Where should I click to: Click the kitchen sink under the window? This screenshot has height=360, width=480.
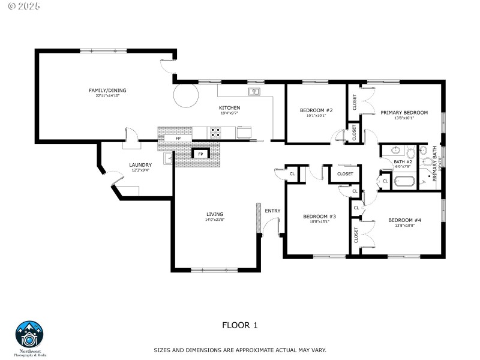tap(254, 92)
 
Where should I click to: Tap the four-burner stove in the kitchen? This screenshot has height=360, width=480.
tap(215, 132)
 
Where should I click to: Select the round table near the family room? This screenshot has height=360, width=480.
tap(186, 96)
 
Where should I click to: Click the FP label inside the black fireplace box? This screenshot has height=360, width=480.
tap(200, 154)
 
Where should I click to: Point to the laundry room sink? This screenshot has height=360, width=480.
tap(169, 158)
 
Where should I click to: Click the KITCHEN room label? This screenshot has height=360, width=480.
tap(229, 107)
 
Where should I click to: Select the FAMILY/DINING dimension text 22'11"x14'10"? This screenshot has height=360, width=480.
tap(107, 96)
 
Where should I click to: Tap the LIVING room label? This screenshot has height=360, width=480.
tap(215, 214)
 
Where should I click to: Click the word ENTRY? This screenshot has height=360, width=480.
tap(272, 211)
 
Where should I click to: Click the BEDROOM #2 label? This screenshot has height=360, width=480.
tap(316, 110)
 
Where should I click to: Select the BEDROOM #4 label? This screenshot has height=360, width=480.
tap(404, 220)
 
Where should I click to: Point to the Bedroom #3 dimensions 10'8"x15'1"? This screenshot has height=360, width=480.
tap(319, 221)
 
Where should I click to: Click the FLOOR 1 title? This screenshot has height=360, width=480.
tap(239, 325)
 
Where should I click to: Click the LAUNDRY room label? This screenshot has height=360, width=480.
tap(140, 165)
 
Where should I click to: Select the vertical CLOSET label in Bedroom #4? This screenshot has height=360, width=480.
tap(356, 235)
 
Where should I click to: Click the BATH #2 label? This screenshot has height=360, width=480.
tap(403, 162)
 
